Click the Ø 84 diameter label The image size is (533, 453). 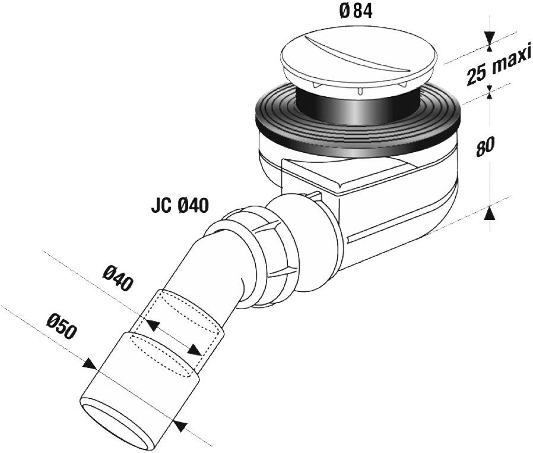[356, 12]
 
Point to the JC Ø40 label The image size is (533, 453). [180, 206]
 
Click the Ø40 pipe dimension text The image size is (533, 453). [117, 278]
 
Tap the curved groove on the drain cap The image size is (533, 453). [338, 48]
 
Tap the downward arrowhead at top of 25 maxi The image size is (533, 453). [489, 39]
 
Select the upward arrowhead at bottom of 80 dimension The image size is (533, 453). [489, 212]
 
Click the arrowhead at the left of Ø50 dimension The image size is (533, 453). [90, 363]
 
